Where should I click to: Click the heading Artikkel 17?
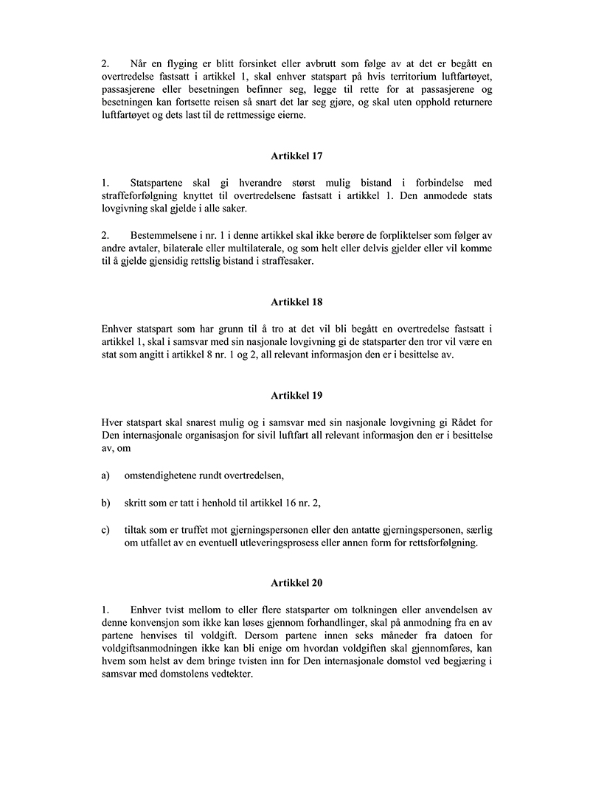tap(296, 156)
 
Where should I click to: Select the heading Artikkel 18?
tap(296, 302)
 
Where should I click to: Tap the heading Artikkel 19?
tap(296, 396)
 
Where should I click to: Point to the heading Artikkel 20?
tap(296, 582)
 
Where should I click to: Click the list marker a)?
tap(106, 475)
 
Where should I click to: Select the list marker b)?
tap(106, 503)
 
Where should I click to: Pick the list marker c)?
tap(106, 531)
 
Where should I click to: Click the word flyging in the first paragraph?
tap(180, 63)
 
